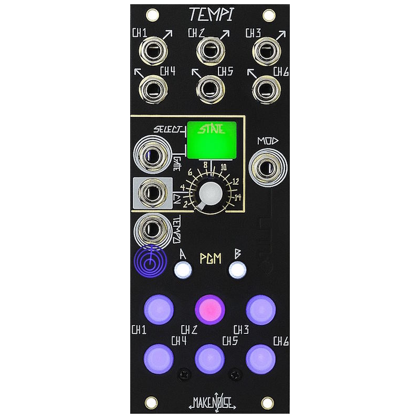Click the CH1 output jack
(153, 52)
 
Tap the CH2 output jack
(210, 52)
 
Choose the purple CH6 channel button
(261, 358)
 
